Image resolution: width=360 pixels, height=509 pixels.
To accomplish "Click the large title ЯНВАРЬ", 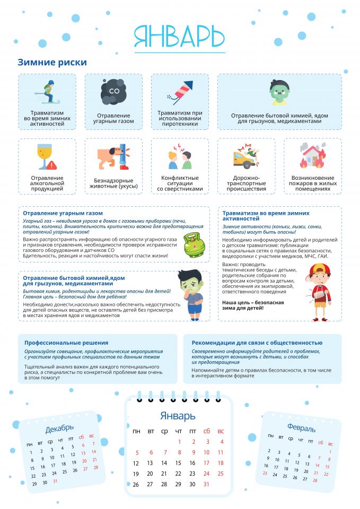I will coord(179,37).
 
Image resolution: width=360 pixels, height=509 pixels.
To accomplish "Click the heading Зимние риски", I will coord(52,63).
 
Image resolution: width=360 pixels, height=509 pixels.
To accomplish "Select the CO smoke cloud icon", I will coord(113,92).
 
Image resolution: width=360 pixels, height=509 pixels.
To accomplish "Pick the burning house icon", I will coord(312,155).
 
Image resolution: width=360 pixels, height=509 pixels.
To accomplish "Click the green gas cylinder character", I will coord(192,244).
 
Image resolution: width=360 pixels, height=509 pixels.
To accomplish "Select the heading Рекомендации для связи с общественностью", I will coord(257,343).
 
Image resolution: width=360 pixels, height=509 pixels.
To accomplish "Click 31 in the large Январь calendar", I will coord(206,484).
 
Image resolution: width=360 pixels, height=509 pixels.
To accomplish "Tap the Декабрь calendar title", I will coord(59,428).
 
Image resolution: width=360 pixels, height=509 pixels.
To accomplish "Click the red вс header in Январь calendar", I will coord(221,431).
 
